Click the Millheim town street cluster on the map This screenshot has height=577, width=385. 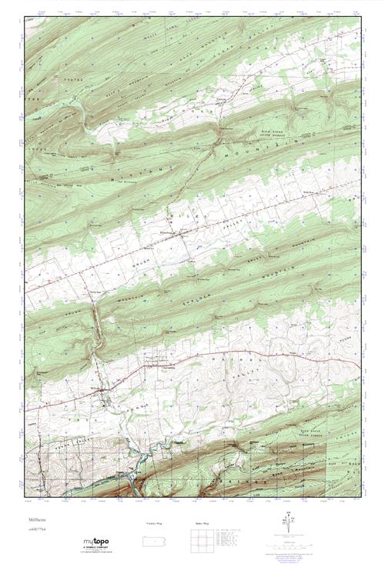[x=105, y=398]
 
